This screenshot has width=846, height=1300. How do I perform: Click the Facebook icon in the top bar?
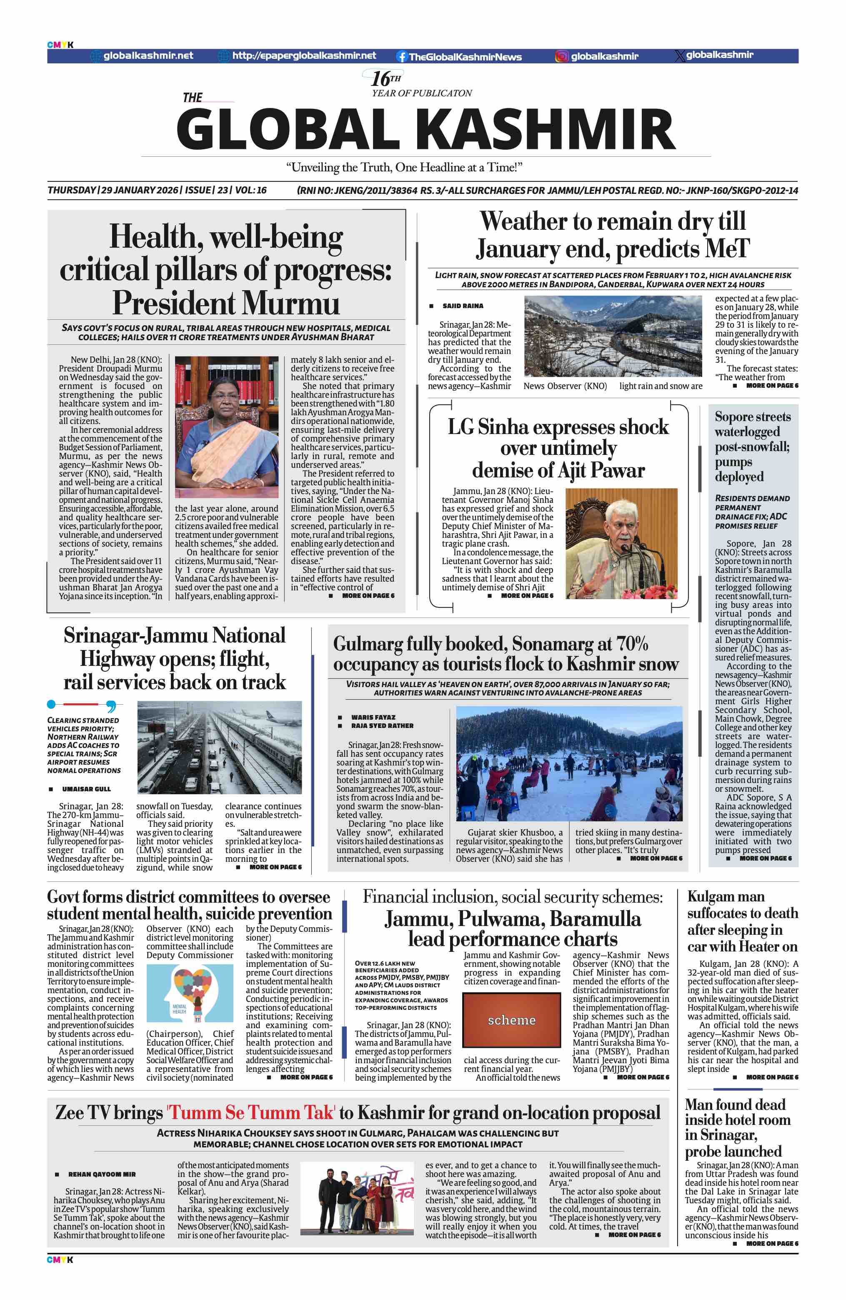(x=402, y=56)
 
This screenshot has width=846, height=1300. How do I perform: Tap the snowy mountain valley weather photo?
(x=612, y=336)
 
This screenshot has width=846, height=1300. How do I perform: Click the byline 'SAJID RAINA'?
(x=463, y=306)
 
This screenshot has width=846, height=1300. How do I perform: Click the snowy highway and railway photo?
(x=219, y=747)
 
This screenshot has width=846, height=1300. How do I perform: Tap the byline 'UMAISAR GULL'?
(x=86, y=789)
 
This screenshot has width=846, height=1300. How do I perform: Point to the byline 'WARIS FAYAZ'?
(x=373, y=717)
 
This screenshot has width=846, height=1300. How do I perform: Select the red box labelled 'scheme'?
(x=511, y=1020)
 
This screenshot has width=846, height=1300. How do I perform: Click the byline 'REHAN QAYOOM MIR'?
(x=102, y=1174)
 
